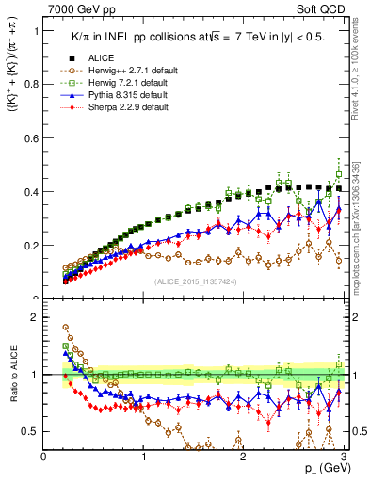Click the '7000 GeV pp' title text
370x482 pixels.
[x=76, y=8]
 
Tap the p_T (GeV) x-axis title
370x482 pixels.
[x=321, y=469]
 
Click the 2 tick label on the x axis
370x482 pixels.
[x=244, y=456]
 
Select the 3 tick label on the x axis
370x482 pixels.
[x=343, y=456]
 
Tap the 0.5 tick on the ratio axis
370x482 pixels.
[x=31, y=431]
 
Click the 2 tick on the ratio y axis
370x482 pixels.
[x=36, y=317]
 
